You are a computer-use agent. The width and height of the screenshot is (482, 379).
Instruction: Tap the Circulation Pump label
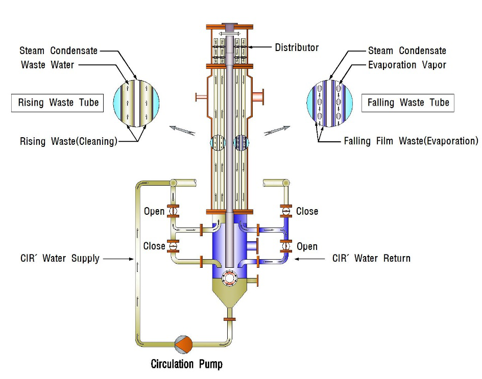point(186,364)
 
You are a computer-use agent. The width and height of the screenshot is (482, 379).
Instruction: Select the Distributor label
point(297,47)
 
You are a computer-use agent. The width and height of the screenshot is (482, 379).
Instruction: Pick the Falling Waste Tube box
point(408,103)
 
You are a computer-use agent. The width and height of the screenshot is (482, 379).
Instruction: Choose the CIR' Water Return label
point(371,258)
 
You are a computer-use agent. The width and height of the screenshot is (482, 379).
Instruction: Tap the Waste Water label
point(47,65)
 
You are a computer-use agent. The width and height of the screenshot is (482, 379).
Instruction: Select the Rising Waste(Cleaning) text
point(68,141)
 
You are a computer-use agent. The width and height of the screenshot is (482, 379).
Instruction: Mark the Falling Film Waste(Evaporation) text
point(411,140)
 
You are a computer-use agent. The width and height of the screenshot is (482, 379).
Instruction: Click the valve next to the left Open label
point(173,211)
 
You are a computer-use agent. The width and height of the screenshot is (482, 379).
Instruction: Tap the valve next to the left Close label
point(174,246)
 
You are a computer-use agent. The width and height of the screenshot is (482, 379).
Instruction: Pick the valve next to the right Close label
point(286,211)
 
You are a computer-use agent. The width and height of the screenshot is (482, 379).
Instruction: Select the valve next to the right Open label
point(286,246)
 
